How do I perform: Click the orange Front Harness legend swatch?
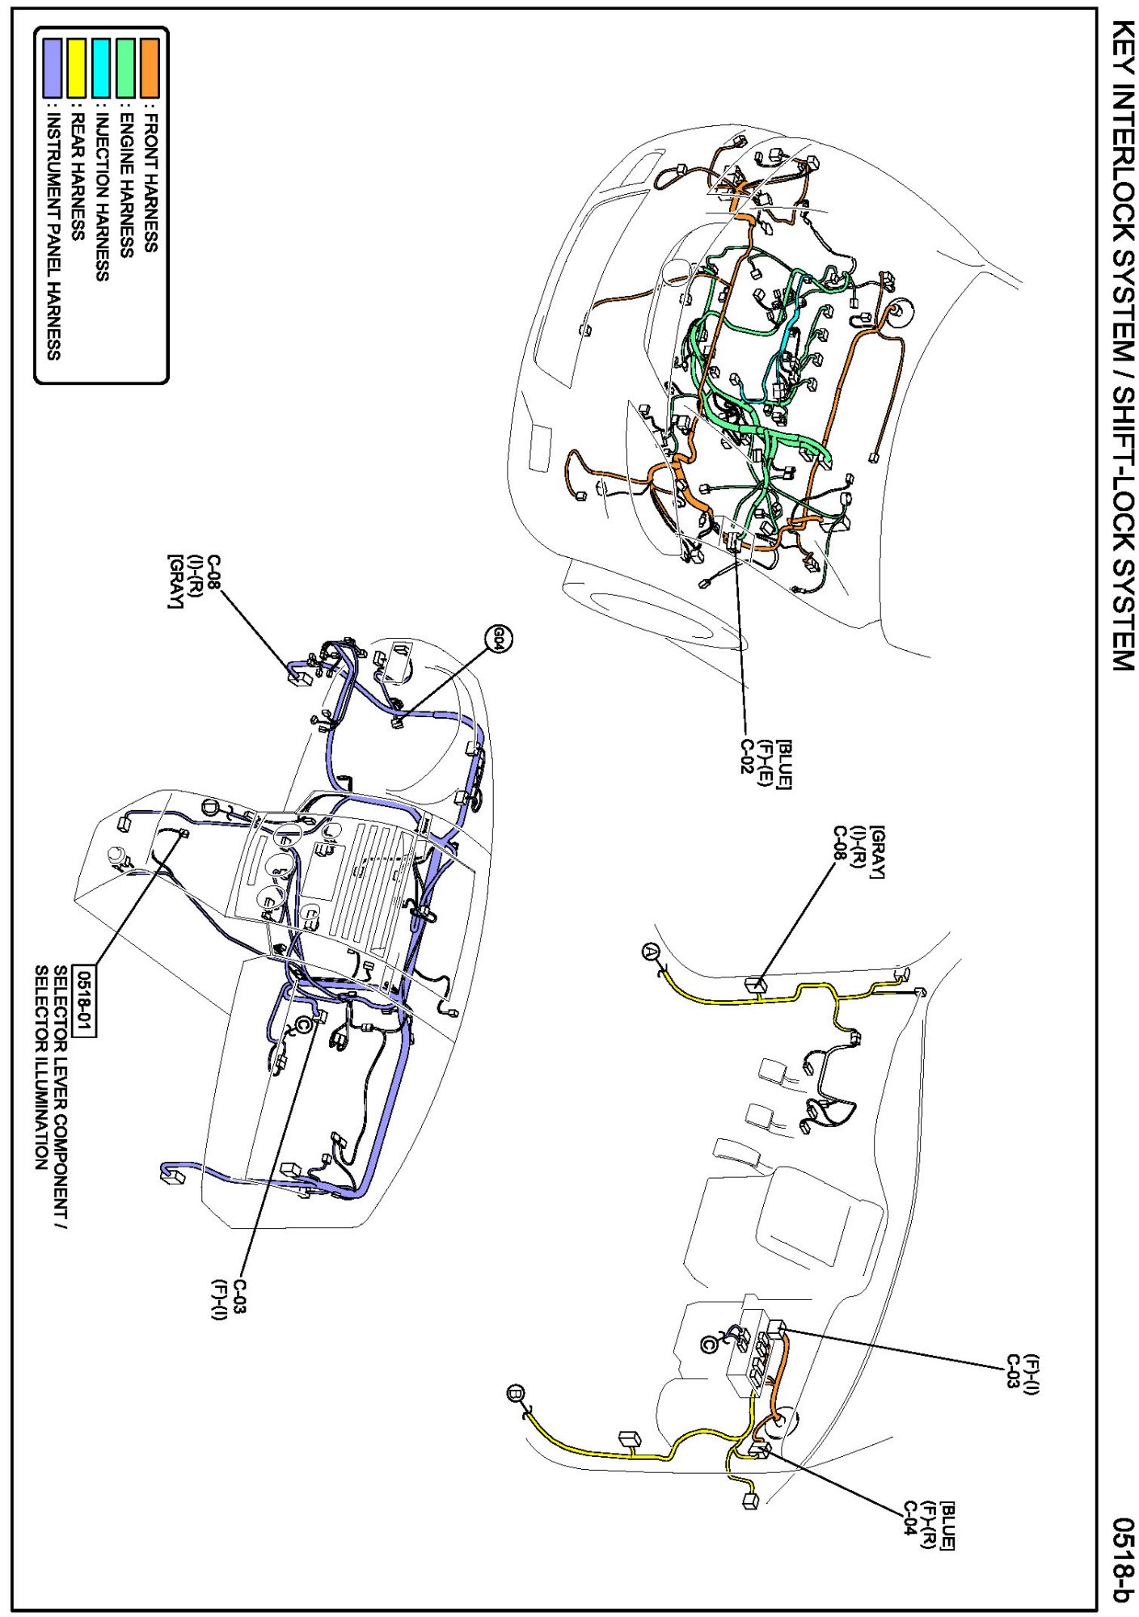coord(150,68)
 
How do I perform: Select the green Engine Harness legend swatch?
coord(126,68)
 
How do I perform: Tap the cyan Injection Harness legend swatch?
coord(102,68)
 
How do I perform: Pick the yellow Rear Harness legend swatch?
coord(78,68)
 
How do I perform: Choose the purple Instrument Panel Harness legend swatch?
coord(53,68)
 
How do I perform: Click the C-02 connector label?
coord(749,756)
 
